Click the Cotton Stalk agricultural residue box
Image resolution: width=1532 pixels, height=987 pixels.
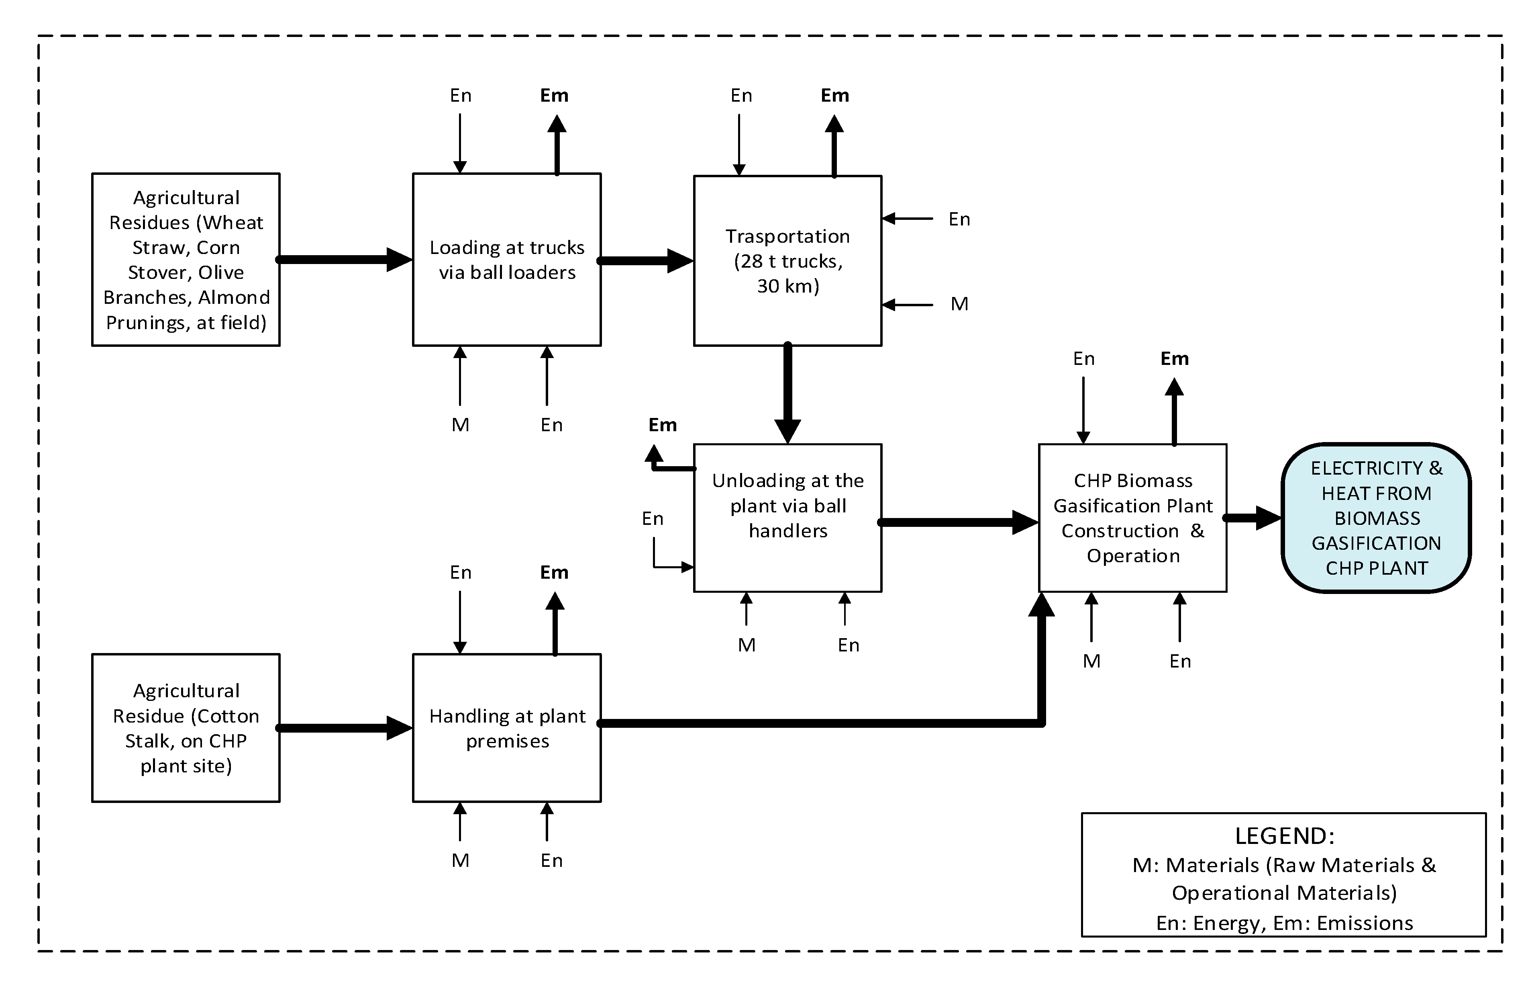pos(186,727)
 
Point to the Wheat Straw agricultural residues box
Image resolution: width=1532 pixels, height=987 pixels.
pos(186,260)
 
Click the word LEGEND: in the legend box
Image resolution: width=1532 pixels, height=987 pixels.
pos(1284,836)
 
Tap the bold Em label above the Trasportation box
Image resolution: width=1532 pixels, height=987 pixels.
pos(834,96)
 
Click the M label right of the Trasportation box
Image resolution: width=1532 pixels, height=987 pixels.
pos(959,304)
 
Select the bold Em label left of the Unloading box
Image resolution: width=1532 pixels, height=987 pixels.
pos(662,425)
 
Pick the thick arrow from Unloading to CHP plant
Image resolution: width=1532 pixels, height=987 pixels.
pos(954,522)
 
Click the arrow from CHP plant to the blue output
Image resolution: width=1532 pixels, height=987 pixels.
pos(1252,518)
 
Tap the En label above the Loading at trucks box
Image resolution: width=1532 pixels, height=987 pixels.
pos(461,96)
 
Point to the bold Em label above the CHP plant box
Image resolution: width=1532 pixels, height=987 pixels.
pos(1174,359)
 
